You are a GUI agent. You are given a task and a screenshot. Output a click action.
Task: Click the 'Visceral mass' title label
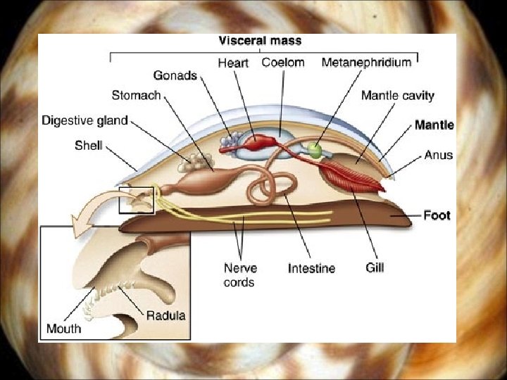click(x=261, y=42)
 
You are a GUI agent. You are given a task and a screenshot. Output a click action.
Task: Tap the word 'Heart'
click(x=232, y=63)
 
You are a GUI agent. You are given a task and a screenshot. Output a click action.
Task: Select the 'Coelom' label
click(x=283, y=62)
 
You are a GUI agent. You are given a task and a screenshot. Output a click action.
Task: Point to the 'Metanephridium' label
click(x=366, y=62)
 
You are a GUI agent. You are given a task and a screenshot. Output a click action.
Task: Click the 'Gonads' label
click(x=176, y=76)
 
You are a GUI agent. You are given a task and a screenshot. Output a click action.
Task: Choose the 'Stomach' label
click(x=136, y=95)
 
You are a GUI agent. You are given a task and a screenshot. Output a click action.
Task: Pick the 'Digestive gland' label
click(x=84, y=120)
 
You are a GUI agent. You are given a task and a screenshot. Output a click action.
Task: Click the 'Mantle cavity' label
click(x=398, y=95)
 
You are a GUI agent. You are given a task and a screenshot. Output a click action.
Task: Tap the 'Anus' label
click(x=439, y=155)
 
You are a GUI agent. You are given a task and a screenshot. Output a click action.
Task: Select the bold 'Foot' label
click(x=437, y=215)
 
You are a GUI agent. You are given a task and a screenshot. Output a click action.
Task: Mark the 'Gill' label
click(x=375, y=267)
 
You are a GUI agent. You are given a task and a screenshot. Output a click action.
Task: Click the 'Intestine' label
click(x=311, y=268)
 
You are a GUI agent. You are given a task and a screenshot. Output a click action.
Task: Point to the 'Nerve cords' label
click(x=240, y=274)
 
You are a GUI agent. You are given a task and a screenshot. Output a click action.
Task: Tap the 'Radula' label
click(x=166, y=315)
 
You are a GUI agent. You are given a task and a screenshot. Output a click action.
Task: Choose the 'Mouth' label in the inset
click(x=63, y=329)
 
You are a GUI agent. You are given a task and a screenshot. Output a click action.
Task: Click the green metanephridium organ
click(x=314, y=150)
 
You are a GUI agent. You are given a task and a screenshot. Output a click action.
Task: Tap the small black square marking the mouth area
click(x=137, y=199)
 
